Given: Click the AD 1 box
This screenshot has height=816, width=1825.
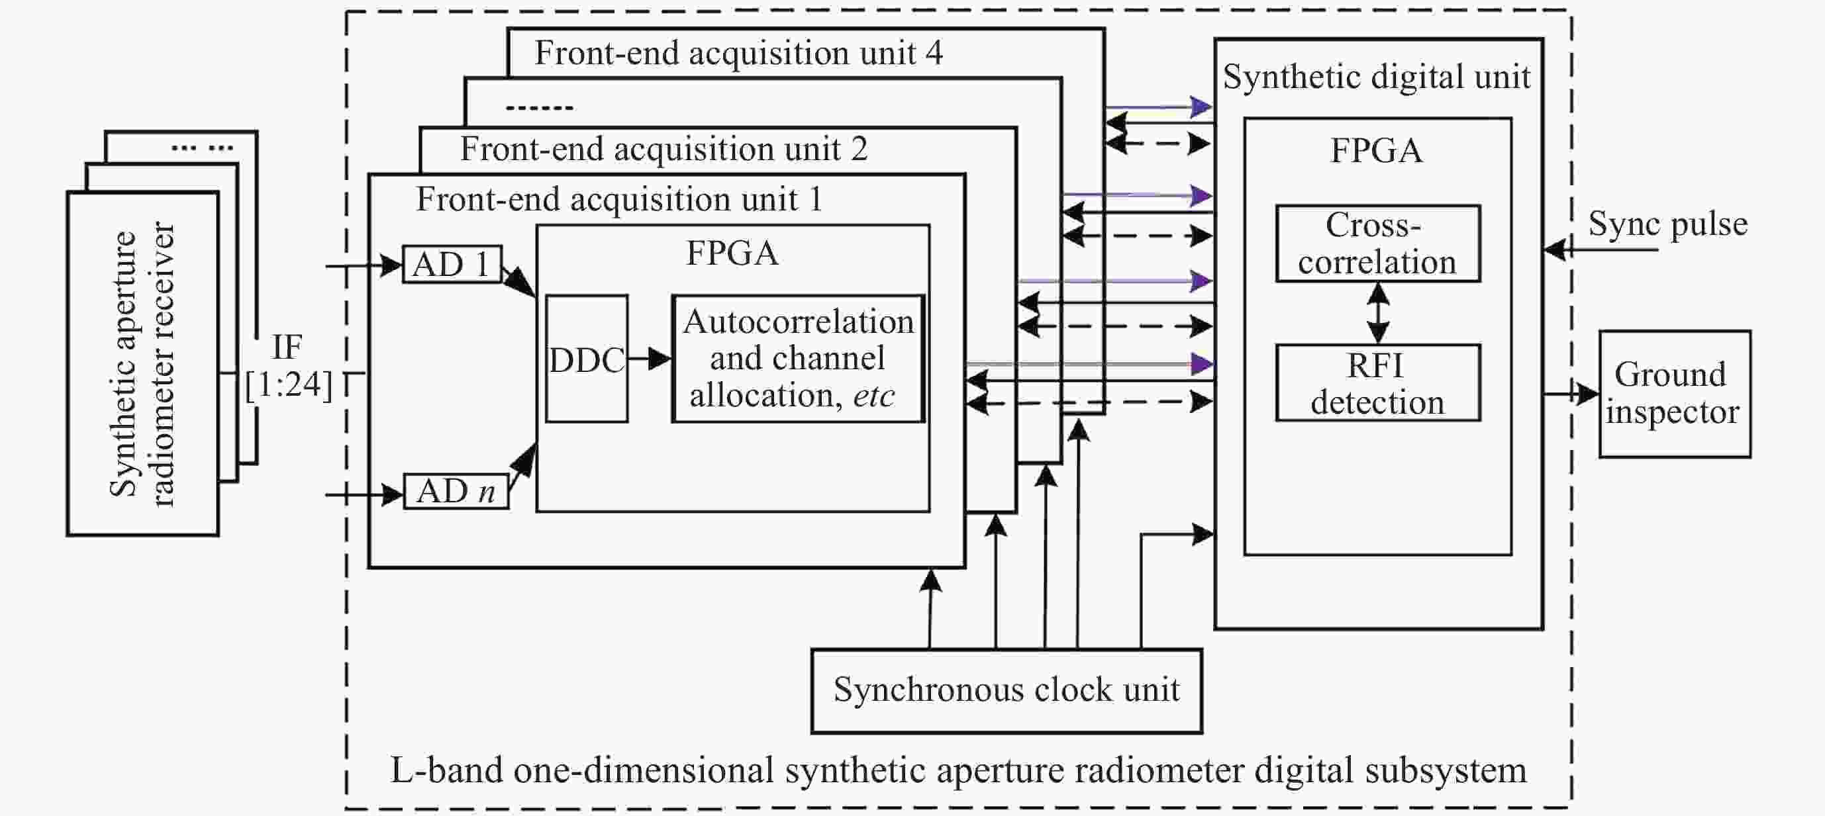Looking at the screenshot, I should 452,265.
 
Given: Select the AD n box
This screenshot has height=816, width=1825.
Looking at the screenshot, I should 456,492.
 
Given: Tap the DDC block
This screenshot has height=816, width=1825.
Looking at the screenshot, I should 587,359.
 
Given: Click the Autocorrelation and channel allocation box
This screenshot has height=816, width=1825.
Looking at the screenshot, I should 798,359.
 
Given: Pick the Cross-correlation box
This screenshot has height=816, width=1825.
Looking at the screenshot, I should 1377,244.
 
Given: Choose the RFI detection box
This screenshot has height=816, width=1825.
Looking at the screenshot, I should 1377,383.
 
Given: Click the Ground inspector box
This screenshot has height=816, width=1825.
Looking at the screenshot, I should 1674,394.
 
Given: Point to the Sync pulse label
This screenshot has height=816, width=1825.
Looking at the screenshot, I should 1667,224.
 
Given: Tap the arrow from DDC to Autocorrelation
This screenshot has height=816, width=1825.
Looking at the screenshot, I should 649,359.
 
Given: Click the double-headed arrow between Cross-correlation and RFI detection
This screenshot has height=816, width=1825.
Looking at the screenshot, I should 1377,313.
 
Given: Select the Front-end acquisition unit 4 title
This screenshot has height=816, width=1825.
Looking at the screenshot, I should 738,53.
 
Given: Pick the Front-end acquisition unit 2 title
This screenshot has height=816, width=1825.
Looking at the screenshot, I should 664,150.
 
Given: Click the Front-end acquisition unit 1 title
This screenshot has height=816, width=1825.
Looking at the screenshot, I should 619,199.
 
